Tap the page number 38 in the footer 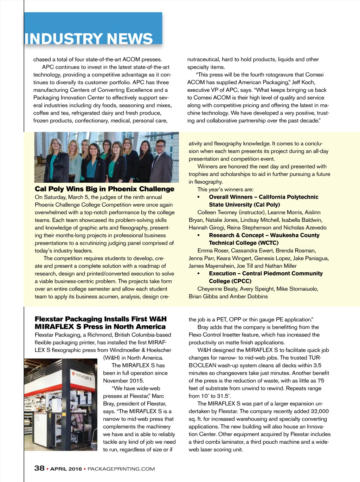pyautogui.click(x=39, y=468)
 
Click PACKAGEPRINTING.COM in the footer pyautogui.click(x=121, y=469)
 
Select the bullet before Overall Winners pyautogui.click(x=199, y=197)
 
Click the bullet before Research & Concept pyautogui.click(x=199, y=235)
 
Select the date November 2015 pyautogui.click(x=123, y=380)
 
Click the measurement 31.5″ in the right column pyautogui.click(x=225, y=396)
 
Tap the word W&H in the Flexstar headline pyautogui.click(x=157, y=319)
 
